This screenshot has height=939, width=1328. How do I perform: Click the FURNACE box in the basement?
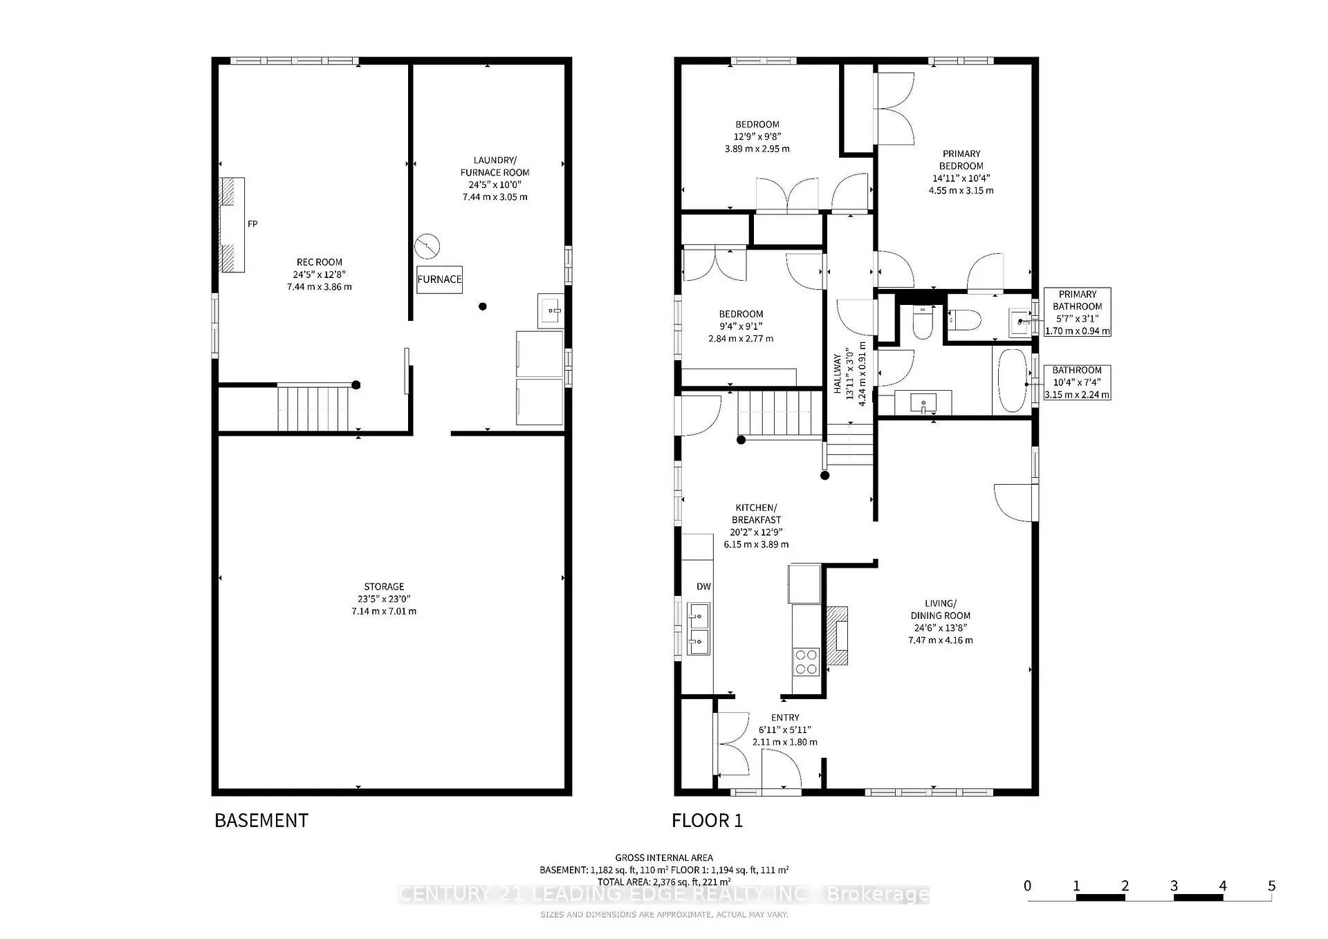click(439, 279)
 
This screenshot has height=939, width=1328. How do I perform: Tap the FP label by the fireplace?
click(252, 224)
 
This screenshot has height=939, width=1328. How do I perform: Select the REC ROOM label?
click(319, 262)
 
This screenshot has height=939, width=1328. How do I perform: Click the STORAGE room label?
click(384, 586)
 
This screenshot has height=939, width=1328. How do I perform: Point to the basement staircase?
click(312, 409)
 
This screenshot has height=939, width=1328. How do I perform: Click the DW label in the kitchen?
click(703, 586)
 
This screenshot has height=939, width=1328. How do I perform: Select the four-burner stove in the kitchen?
click(806, 661)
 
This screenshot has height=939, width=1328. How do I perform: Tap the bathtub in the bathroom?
click(1013, 380)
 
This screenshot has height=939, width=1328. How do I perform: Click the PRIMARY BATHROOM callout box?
click(1077, 312)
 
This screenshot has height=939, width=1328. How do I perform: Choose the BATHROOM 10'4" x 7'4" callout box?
click(1077, 382)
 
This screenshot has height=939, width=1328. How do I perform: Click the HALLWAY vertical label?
click(838, 374)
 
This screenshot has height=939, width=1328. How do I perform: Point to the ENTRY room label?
click(785, 718)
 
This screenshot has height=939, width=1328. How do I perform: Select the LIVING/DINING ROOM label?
click(940, 609)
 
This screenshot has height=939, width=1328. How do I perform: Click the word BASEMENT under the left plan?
click(261, 820)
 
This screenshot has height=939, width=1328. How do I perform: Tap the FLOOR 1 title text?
click(707, 821)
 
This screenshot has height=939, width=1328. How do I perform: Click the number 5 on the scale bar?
click(1271, 886)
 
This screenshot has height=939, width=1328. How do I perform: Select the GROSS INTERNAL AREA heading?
click(664, 857)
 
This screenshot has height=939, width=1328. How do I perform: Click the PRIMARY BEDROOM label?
click(961, 160)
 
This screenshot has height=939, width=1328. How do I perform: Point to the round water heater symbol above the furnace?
click(427, 246)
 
